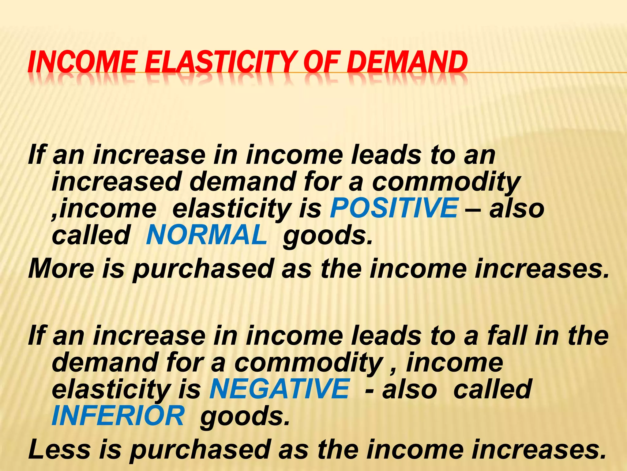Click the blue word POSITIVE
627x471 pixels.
pos(394,208)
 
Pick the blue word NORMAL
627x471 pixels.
pos(207,235)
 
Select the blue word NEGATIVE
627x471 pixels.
pos(279,389)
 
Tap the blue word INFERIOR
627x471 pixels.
pos(118,416)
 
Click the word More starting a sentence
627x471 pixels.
pos(61,268)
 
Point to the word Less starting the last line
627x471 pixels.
pos(60,450)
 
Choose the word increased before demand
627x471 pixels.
pos(116,182)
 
